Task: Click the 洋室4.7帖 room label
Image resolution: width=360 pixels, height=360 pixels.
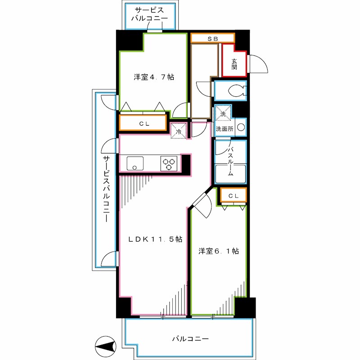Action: pos(154,77)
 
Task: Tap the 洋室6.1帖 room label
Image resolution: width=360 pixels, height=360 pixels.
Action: pos(219,251)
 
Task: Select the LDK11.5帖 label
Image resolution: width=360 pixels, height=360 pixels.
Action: pos(155,239)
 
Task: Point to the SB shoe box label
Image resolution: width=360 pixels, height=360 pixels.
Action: pos(212,39)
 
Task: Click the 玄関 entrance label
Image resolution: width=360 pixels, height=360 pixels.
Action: pos(234,64)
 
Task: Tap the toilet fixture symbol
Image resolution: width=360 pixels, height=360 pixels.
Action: pos(237,90)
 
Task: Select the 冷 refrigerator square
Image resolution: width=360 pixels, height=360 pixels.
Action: pos(179,131)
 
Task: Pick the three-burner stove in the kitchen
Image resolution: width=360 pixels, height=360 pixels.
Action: pos(169,163)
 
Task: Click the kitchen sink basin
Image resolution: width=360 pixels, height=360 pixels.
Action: pos(135,163)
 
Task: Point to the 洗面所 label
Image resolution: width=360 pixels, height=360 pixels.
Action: pos(224,129)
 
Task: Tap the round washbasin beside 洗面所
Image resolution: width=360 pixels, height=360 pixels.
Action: pos(241,127)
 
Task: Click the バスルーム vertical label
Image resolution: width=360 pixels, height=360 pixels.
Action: pos(230,162)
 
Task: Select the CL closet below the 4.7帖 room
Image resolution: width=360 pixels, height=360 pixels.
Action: pos(143,123)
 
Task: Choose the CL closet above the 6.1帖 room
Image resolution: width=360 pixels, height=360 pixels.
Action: pos(234,195)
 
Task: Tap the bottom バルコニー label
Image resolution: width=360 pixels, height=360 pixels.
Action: pos(190,339)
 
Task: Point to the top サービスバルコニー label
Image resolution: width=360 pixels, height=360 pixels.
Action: pos(149,14)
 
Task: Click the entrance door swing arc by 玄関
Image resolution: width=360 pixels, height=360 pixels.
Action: pos(259,64)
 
